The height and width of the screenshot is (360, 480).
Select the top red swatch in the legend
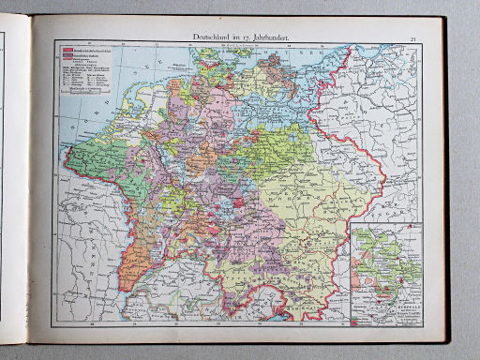[67, 49]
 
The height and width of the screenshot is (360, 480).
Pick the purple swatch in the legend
[67, 56]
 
